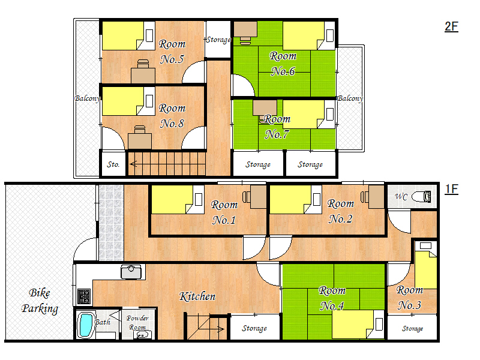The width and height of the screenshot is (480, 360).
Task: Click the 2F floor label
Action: click(451, 26)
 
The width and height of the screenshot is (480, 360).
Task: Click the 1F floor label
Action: click(451, 189)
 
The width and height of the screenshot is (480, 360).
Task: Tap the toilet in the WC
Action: click(422, 197)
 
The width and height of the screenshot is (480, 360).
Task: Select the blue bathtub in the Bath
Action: click(86, 325)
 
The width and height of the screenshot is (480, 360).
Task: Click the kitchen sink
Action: click(131, 272)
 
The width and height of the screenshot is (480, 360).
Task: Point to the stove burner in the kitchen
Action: click(83, 296)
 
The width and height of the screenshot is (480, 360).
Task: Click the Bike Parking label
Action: click(40, 301)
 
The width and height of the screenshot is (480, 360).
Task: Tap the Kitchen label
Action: click(197, 296)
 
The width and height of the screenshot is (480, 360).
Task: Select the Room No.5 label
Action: click(172, 52)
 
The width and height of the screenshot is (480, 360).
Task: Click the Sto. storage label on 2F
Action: click(113, 164)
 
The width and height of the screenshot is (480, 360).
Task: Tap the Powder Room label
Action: click(137, 323)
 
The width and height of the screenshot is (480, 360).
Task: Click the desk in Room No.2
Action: click(376, 197)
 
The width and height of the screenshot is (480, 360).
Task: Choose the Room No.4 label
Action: click(332, 298)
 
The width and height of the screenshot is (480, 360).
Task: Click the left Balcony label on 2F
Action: click(88, 98)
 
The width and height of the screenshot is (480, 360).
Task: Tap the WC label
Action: click(401, 197)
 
